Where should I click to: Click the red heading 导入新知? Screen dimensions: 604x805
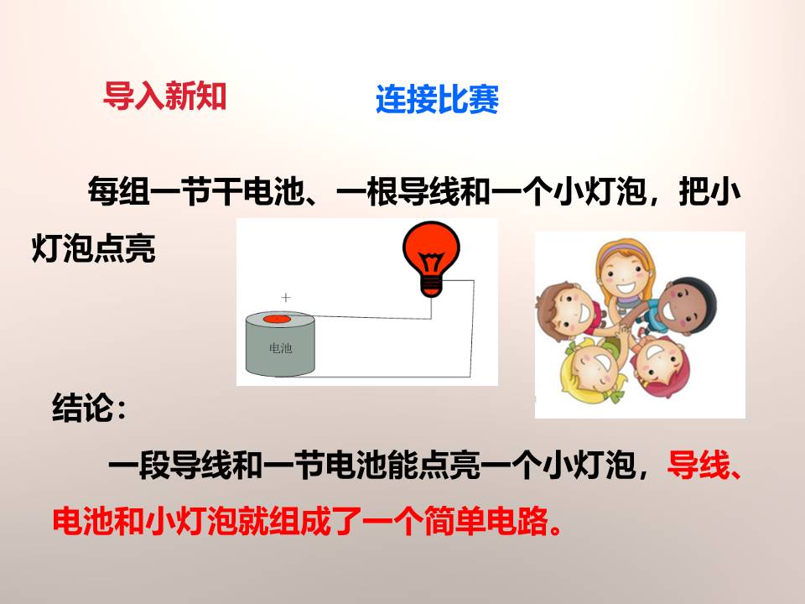164,96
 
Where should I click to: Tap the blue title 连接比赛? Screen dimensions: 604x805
437,101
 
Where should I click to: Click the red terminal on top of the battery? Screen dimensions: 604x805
276,320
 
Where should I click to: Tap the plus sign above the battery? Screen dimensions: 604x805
286,297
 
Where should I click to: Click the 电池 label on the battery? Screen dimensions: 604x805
279,348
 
